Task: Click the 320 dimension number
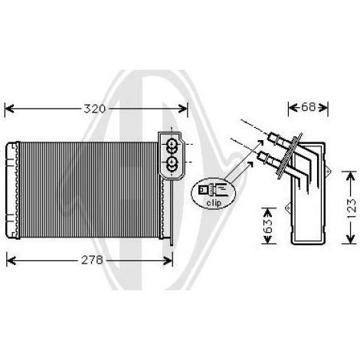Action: [x=94, y=109]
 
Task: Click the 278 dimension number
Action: [x=92, y=260]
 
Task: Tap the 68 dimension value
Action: [x=309, y=107]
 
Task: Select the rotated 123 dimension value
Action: [x=352, y=208]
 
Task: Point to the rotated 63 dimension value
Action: [x=268, y=226]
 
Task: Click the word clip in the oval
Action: [x=214, y=203]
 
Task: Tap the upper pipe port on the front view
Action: [x=172, y=146]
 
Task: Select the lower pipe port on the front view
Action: [x=172, y=162]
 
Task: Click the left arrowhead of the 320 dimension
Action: [x=9, y=109]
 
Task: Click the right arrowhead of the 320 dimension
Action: [x=183, y=109]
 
